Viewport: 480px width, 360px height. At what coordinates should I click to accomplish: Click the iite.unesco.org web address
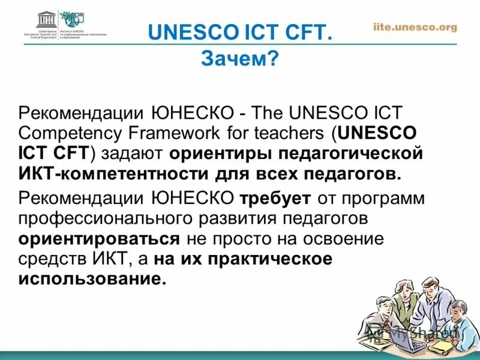tap(415, 27)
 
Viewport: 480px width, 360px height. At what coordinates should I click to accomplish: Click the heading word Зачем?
tap(239, 58)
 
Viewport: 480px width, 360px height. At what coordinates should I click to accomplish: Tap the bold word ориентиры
tap(220, 154)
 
